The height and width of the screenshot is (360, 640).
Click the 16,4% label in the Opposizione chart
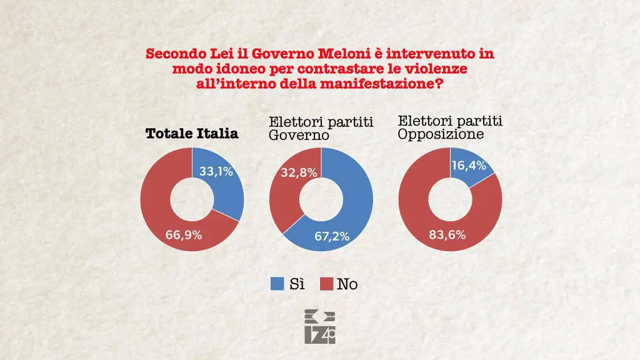point(471,166)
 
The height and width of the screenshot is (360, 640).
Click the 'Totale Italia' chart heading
point(191,133)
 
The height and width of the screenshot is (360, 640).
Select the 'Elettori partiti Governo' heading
point(321,129)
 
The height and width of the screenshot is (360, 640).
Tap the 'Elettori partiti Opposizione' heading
point(450,127)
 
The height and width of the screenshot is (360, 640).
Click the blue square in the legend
point(277,284)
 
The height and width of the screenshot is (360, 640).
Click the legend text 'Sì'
point(296,284)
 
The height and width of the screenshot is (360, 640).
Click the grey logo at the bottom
point(320,326)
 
